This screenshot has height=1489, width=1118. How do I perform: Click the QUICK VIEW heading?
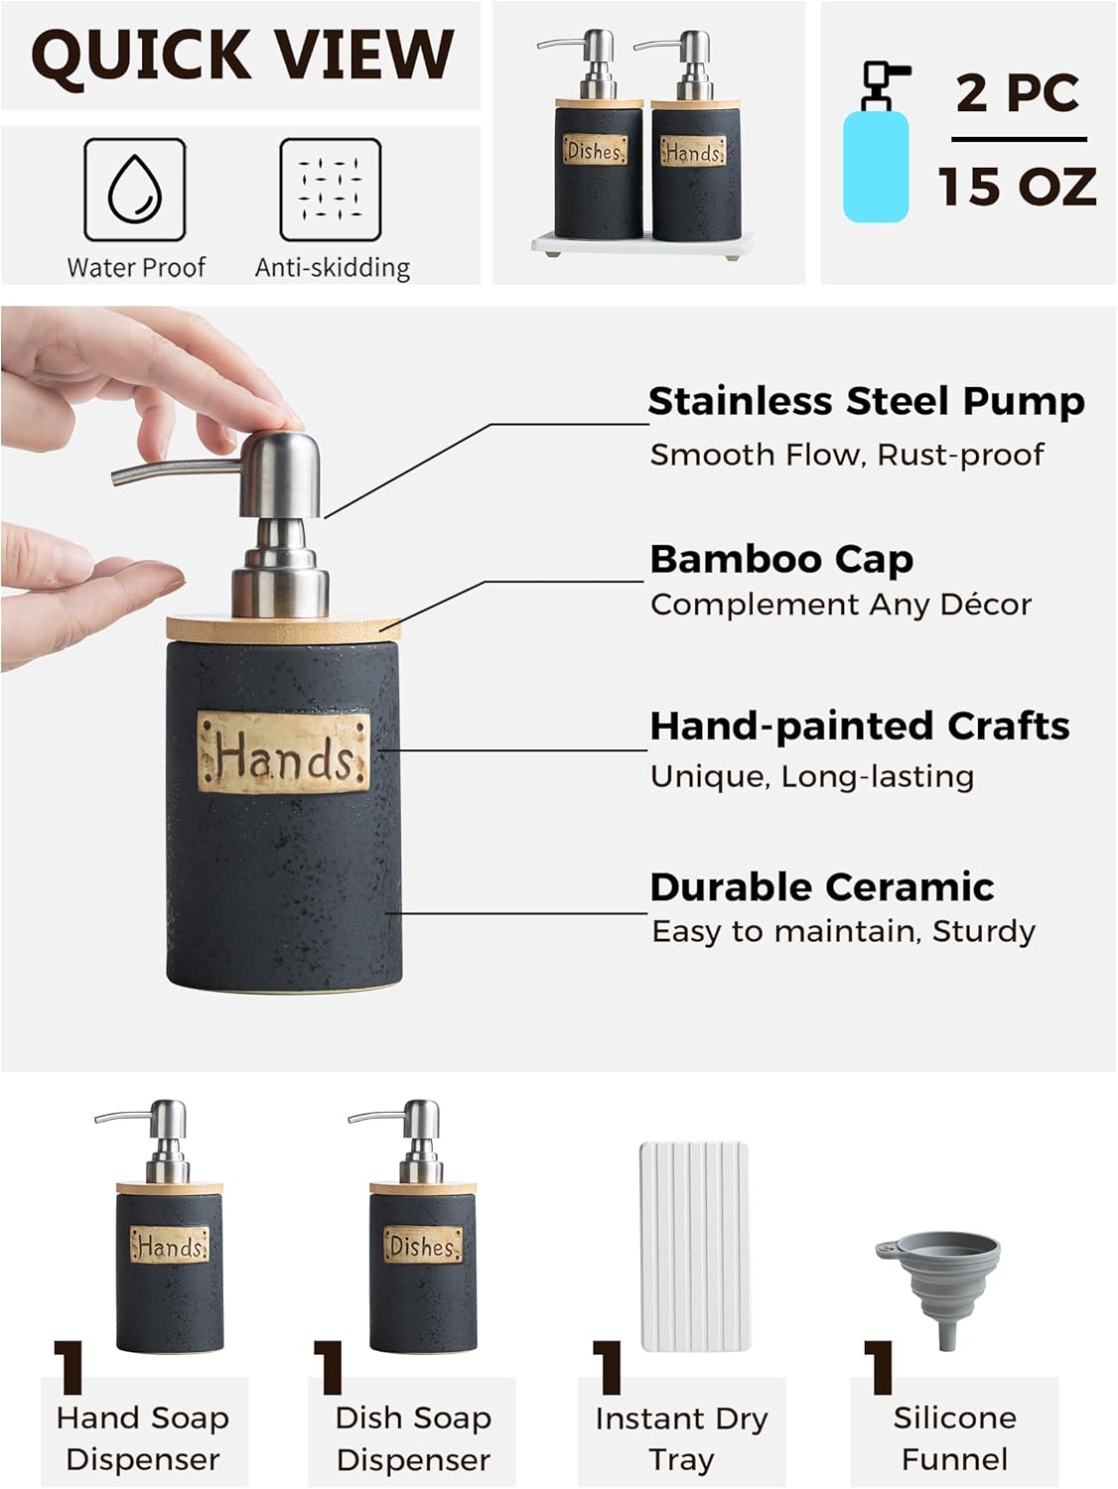[x=242, y=55]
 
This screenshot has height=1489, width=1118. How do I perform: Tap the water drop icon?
[x=135, y=190]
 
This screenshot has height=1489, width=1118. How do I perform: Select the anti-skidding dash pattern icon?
[x=331, y=190]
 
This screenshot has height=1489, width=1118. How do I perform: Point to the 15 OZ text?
[x=1017, y=187]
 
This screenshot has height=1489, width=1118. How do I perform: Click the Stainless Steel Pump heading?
[x=866, y=401]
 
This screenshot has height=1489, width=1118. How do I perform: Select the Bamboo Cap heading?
[x=781, y=559]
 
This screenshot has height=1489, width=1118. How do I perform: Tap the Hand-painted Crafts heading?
[x=860, y=726]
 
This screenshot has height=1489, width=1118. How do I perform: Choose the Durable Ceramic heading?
[x=822, y=886]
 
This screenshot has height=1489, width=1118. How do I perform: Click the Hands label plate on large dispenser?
[x=284, y=752]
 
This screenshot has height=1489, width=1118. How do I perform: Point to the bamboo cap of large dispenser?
[x=284, y=628]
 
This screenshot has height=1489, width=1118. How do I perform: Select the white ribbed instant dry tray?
[x=694, y=1246]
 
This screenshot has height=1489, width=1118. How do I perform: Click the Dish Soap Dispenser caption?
[x=413, y=1438]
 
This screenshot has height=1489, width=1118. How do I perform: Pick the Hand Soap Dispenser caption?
[x=143, y=1438]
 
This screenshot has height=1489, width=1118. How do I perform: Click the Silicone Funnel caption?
[x=954, y=1438]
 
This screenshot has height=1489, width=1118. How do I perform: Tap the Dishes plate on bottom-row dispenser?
[x=423, y=1245]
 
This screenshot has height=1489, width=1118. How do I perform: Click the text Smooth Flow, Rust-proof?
[x=847, y=455]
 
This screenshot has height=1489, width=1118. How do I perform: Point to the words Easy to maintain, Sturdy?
[x=844, y=931]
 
